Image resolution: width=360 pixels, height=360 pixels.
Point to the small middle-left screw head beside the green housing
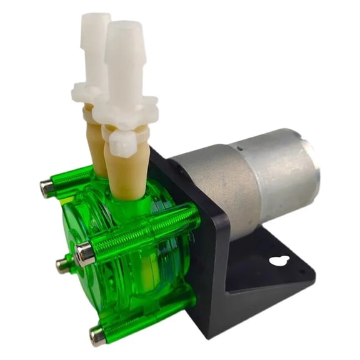tap(63, 266)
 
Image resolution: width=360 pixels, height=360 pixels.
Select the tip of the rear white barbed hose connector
tap(94, 17)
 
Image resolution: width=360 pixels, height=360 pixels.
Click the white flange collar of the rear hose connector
tap(87, 94)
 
